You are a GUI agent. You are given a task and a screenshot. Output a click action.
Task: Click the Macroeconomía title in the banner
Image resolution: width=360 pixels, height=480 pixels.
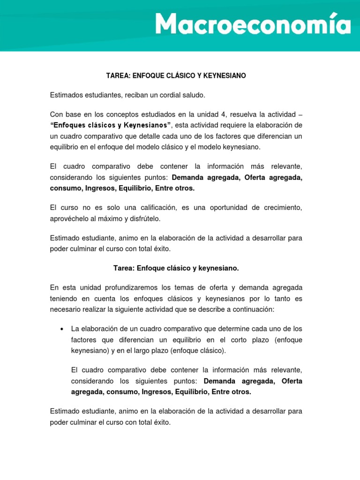[253, 24]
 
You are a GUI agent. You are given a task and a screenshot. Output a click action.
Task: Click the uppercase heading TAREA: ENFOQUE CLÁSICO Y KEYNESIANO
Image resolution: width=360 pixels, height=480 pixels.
[176, 75]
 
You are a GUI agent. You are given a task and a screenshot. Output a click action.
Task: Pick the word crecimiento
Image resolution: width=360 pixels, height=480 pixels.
[280, 207]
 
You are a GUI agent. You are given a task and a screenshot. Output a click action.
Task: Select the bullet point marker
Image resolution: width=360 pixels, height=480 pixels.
[62, 329]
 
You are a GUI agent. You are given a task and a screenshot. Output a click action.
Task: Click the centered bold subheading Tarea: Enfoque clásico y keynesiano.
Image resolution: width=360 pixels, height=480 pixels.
[176, 268]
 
